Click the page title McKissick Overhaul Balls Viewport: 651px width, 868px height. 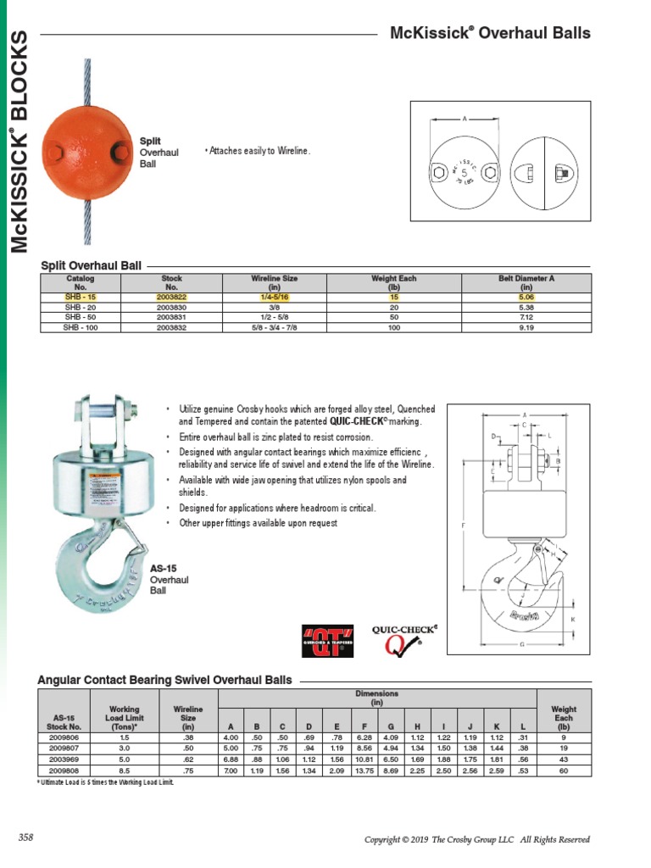tap(490, 34)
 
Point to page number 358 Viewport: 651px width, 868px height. tap(25, 837)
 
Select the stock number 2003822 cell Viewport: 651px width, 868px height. tap(171, 298)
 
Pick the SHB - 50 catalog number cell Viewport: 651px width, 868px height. tap(81, 317)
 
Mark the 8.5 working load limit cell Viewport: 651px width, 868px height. tap(124, 770)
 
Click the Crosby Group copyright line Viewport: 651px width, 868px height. tap(476, 839)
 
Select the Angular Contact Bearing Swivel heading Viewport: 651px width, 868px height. tap(165, 680)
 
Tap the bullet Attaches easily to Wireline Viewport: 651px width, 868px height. tap(258, 151)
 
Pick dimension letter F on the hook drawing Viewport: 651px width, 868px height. tap(463, 526)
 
